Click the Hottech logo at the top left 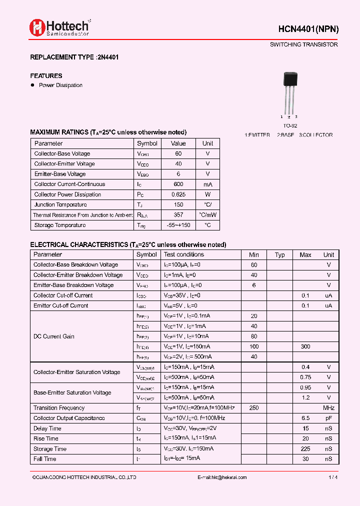[x=59, y=27]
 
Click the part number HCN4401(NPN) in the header [x=308, y=29]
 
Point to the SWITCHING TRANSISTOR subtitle [x=303, y=44]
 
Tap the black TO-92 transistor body [x=290, y=79]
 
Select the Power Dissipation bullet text [x=60, y=85]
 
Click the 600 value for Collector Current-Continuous [x=178, y=184]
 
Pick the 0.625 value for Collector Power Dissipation [x=178, y=194]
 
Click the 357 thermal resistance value [x=178, y=215]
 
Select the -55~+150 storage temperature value [x=178, y=225]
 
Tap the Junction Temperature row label [x=60, y=204]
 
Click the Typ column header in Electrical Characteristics [x=280, y=254]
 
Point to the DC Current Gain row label [x=53, y=336]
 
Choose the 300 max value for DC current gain [x=305, y=346]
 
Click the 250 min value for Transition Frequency [x=254, y=408]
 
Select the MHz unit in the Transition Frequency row [x=328, y=408]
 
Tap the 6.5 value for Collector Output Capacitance [x=305, y=418]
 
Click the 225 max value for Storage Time [x=305, y=449]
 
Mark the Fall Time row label [x=45, y=459]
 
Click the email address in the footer [x=222, y=477]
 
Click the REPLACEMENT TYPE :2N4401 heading [x=74, y=57]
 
